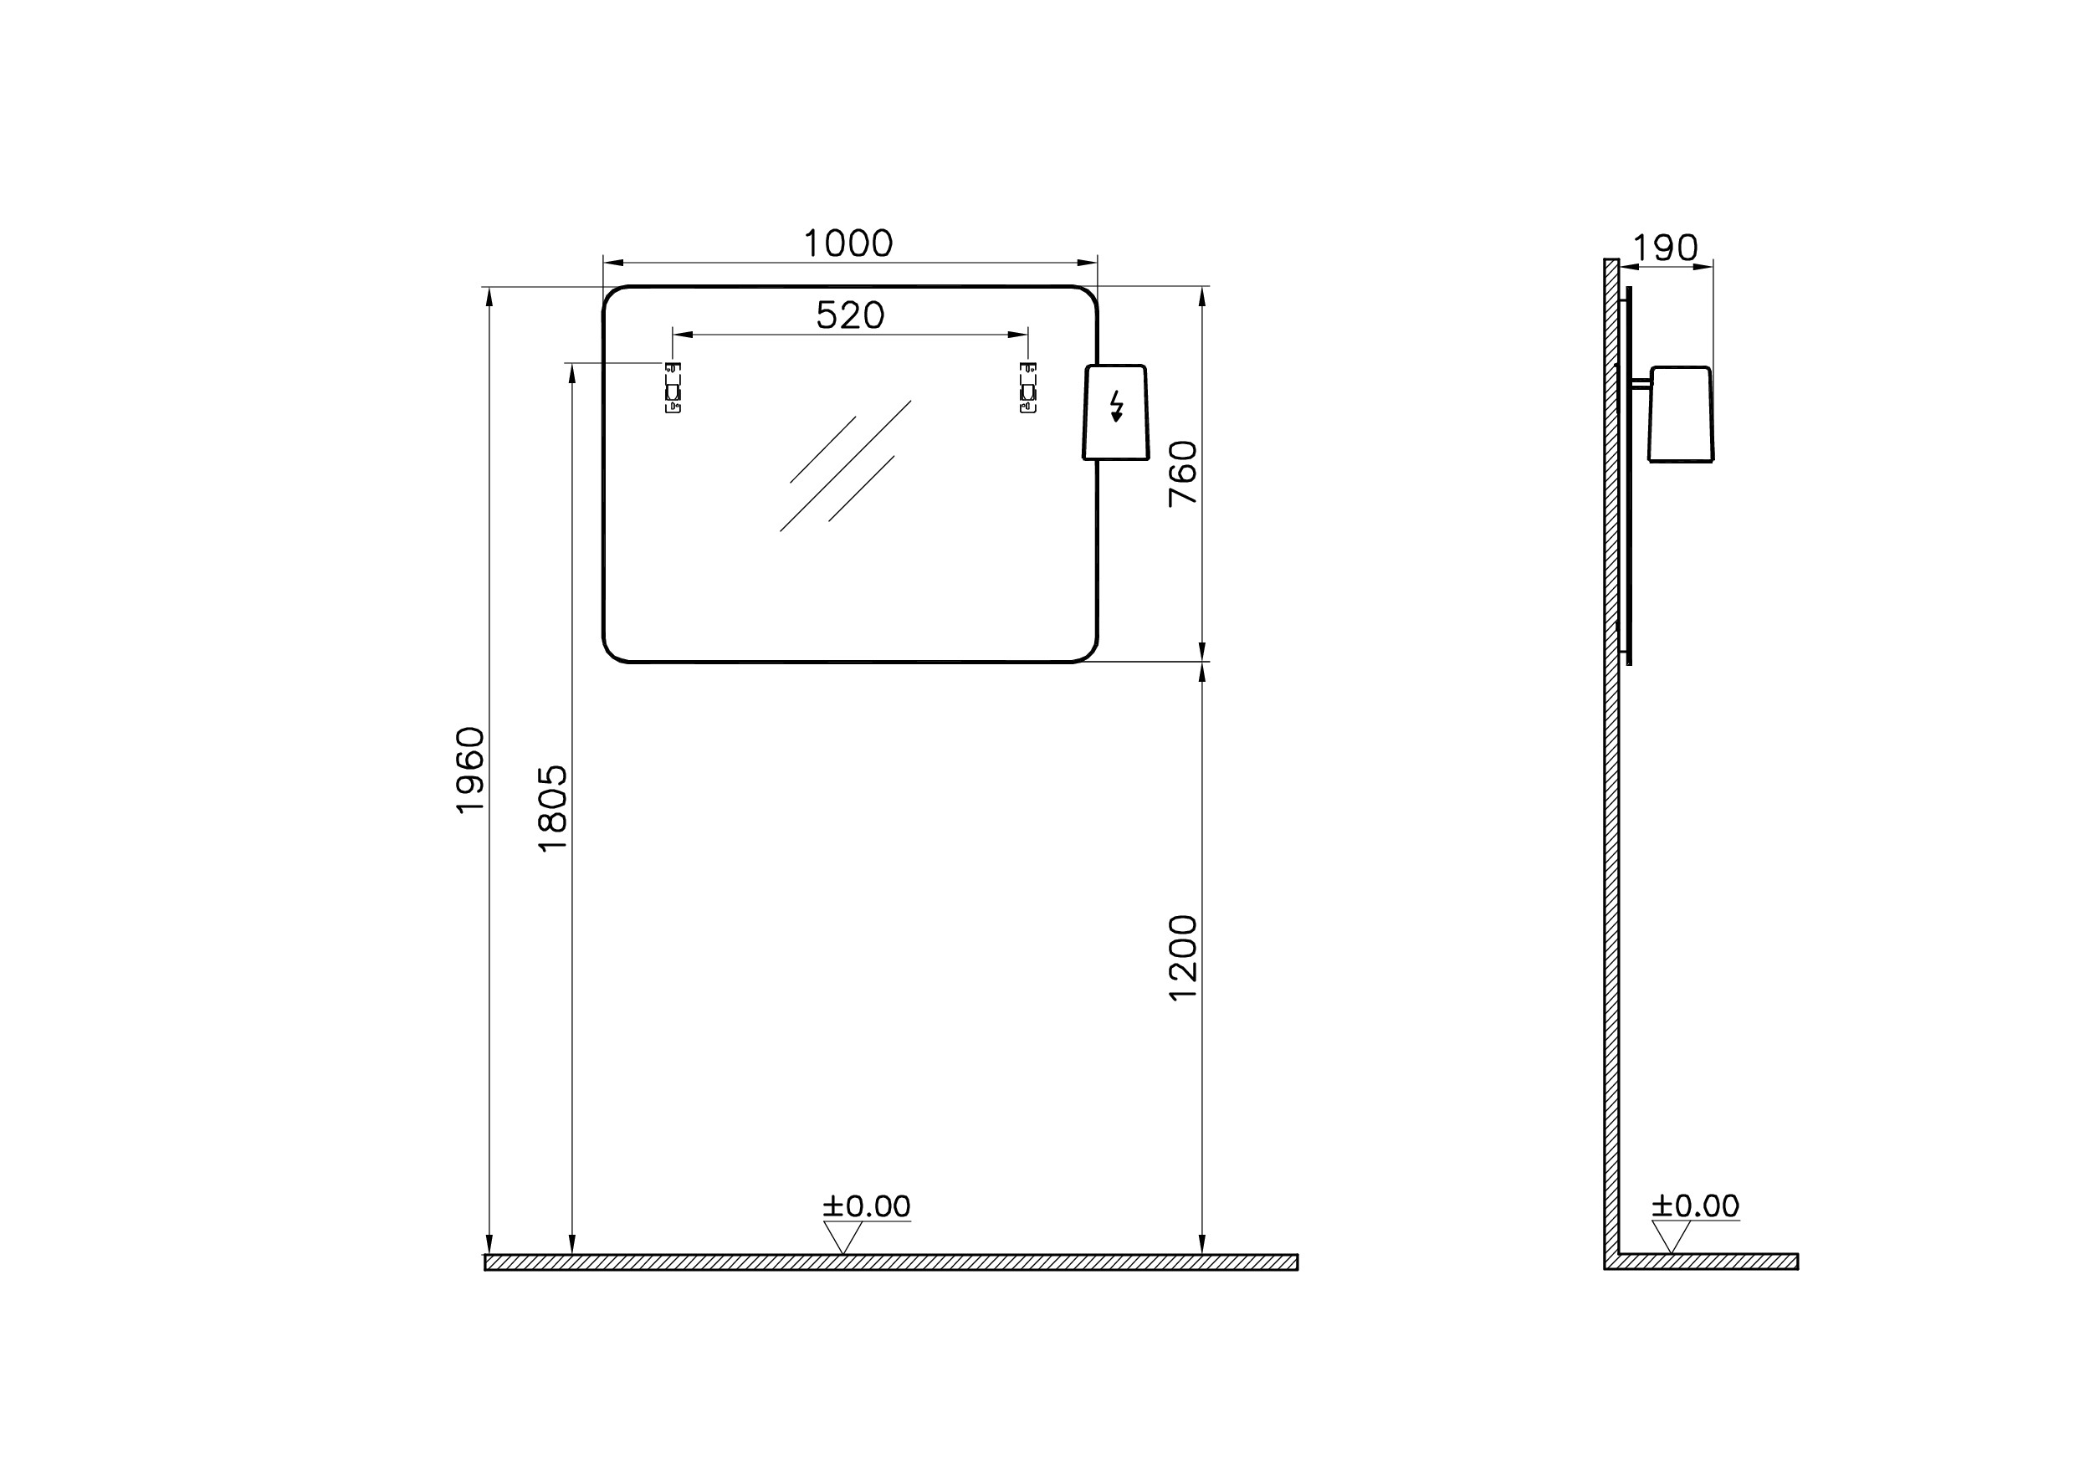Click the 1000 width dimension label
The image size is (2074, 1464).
[x=848, y=243]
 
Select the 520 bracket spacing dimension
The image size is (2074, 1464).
[x=850, y=315]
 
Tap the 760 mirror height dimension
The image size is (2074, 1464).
[x=1182, y=473]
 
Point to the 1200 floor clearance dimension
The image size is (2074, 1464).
[x=1182, y=957]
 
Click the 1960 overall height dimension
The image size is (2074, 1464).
[x=471, y=770]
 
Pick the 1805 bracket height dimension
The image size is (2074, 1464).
[x=552, y=808]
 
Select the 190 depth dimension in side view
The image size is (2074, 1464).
[x=1666, y=248]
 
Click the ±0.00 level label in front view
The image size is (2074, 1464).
[x=866, y=1206]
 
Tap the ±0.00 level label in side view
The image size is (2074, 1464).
[x=1696, y=1206]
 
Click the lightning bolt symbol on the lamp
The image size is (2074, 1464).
[x=1117, y=407]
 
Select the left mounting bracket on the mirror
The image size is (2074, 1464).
[x=673, y=387]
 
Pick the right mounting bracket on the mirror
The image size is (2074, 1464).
[x=1028, y=387]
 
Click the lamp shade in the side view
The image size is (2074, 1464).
[x=1680, y=415]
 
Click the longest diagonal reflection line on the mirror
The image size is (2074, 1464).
[x=846, y=466]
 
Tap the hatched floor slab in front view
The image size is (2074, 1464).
[x=891, y=1262]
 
